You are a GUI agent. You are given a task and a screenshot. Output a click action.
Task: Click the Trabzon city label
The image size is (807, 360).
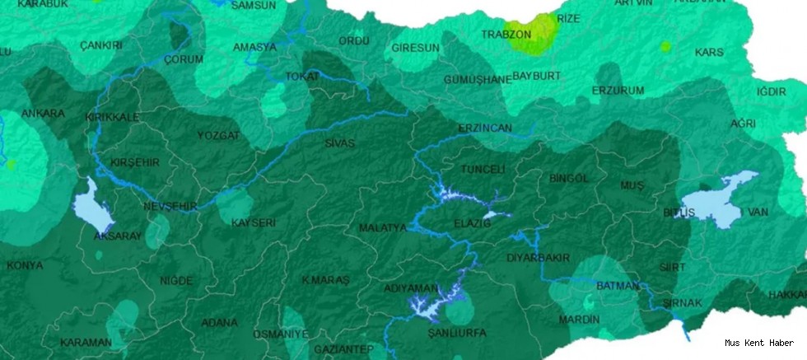tap(506, 35)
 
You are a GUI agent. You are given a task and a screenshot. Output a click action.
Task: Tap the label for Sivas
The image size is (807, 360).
tap(339, 143)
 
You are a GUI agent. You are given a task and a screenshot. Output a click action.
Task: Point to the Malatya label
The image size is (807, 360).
tap(383, 227)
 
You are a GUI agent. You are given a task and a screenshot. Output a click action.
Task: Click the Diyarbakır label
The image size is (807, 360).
tap(539, 258)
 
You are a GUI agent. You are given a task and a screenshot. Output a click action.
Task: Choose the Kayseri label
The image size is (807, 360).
tap(253, 223)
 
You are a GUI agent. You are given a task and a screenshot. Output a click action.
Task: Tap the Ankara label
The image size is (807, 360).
tap(43, 113)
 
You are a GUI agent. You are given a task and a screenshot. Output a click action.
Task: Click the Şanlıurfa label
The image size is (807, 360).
tap(457, 333)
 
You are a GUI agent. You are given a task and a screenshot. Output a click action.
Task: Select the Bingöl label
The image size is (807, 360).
tap(568, 178)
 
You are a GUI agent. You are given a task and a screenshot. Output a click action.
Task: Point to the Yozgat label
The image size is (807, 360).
tap(218, 135)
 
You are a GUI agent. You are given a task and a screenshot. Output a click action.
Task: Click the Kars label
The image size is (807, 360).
tap(709, 52)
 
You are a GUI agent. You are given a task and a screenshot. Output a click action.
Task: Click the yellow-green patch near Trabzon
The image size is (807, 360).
tap(535, 35)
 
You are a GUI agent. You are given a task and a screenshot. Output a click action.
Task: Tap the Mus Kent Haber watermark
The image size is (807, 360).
tap(759, 343)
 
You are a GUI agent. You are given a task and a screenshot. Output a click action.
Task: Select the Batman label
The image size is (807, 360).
tap(617, 286)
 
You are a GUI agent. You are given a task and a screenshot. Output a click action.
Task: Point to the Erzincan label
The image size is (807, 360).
tap(485, 129)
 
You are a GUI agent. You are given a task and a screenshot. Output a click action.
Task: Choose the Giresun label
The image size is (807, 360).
tap(416, 48)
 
